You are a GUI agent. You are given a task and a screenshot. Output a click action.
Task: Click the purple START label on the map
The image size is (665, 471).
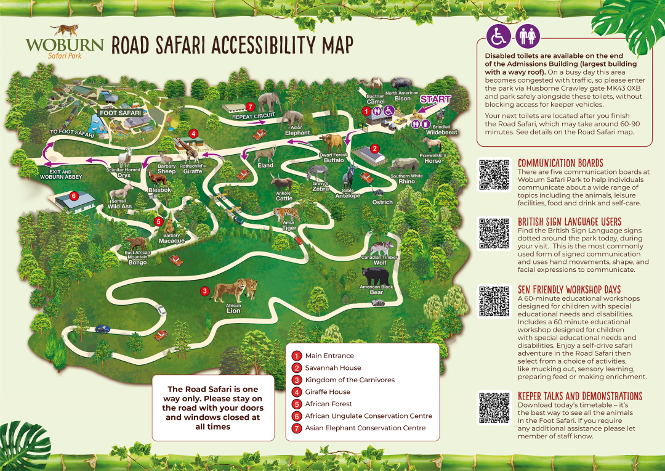click(x=435, y=99)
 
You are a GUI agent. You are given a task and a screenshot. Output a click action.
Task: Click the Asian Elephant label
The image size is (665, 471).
click(x=297, y=130)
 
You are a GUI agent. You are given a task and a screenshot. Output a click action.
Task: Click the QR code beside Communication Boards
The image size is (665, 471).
click(x=495, y=174)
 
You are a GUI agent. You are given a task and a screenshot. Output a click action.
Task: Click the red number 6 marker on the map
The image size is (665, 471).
click(x=73, y=196)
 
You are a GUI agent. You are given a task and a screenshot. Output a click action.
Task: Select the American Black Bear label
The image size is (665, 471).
click(x=376, y=290)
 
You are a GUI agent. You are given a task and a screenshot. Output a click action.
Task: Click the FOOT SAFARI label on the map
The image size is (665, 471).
click(x=121, y=113)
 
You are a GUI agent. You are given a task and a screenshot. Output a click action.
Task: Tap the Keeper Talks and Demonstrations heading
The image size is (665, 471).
click(x=579, y=396)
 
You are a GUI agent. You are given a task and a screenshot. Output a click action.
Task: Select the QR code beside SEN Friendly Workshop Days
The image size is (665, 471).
click(x=495, y=301)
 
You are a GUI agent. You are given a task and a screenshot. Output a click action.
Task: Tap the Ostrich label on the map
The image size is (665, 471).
click(x=382, y=202)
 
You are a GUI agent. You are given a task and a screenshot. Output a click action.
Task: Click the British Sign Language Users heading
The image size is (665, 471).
click(x=570, y=222)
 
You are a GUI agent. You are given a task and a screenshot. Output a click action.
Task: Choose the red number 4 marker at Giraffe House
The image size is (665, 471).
click(x=193, y=133)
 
